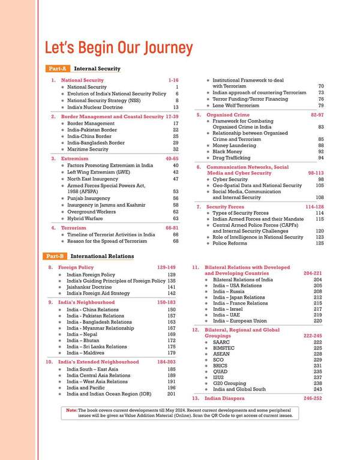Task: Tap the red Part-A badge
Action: pos(58,69)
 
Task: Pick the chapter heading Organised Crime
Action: pos(227,114)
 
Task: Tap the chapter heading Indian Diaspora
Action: pos(229,398)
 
